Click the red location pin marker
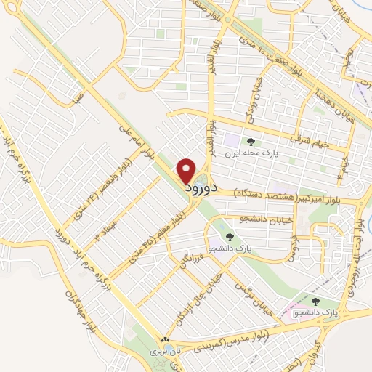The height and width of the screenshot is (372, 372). [187, 170]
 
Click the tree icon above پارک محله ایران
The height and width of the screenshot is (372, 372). [251, 142]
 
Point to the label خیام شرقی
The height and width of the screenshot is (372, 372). [310, 139]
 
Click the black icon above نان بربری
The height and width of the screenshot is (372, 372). [165, 339]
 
